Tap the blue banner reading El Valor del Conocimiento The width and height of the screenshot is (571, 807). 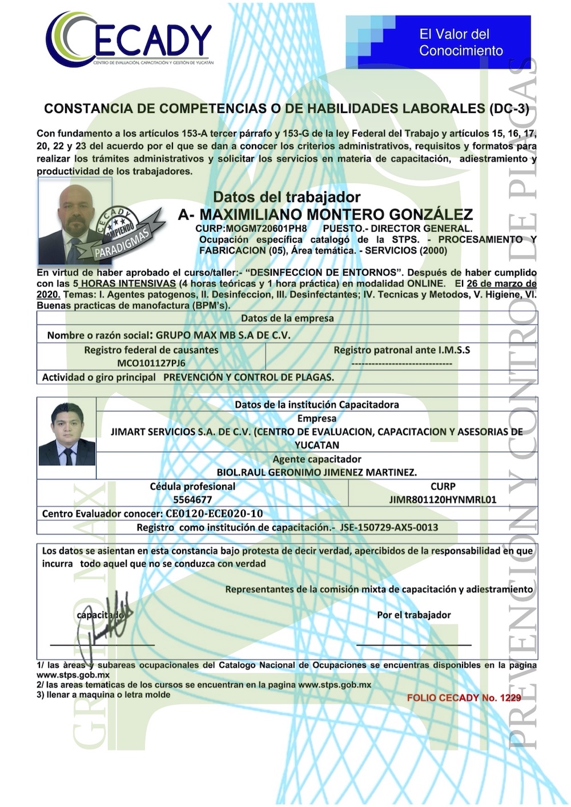(438, 42)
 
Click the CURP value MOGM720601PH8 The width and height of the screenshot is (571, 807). (251, 228)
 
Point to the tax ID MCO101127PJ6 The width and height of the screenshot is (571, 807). (151, 363)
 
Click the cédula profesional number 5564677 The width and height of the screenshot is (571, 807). (192, 500)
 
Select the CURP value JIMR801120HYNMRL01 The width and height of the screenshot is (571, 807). (443, 500)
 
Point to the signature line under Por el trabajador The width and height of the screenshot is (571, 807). (414, 644)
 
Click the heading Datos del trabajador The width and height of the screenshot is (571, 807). (287, 197)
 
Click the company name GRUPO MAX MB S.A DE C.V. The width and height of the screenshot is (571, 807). (223, 335)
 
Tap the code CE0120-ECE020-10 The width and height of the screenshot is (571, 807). (214, 514)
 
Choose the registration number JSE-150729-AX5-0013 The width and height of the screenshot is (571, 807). (389, 527)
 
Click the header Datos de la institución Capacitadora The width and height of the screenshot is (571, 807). (317, 405)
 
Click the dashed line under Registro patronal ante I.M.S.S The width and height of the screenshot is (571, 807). (402, 363)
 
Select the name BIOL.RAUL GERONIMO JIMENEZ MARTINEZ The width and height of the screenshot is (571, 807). (317, 473)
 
